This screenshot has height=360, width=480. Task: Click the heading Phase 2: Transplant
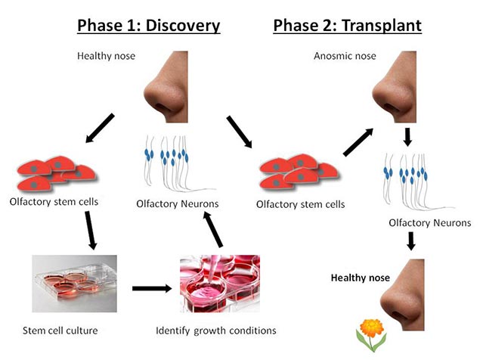pyautogui.click(x=347, y=25)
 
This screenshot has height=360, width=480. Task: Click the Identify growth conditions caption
pyautogui.click(x=215, y=330)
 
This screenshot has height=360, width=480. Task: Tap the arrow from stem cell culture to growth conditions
pyautogui.click(x=150, y=288)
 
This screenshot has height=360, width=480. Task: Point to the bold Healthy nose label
pyautogui.click(x=361, y=278)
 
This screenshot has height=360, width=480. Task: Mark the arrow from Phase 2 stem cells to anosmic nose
pyautogui.click(x=358, y=141)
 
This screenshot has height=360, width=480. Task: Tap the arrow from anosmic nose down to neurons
pyautogui.click(x=407, y=136)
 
